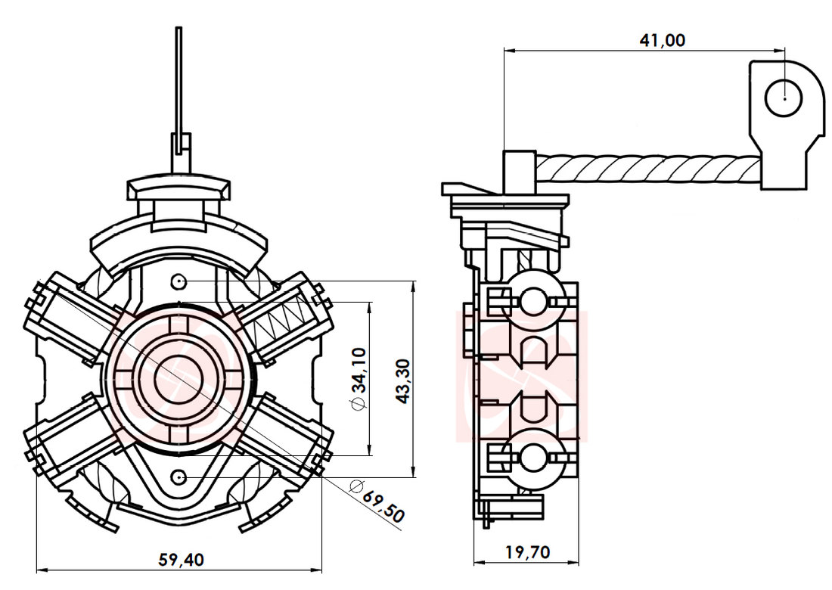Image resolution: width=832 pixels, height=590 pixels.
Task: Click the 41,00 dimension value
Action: [662, 40]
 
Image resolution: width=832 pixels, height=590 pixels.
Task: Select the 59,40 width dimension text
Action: [181, 559]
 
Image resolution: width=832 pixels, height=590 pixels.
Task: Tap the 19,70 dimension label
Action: [527, 552]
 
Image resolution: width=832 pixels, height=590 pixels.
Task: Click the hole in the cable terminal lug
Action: [785, 98]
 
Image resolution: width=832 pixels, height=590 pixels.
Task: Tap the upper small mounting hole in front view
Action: [179, 282]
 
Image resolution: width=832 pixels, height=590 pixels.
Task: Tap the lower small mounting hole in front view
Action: [179, 477]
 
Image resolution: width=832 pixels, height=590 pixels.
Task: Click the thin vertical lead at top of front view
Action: [179, 83]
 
